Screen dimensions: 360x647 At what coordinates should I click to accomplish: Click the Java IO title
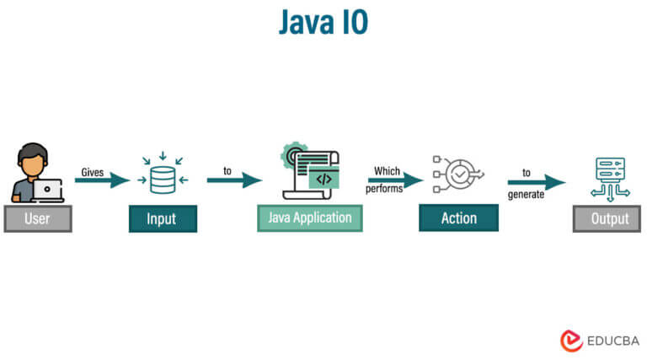pyautogui.click(x=323, y=24)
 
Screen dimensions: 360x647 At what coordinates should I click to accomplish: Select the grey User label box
pyautogui.click(x=38, y=218)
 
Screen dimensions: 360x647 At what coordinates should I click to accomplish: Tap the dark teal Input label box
pyautogui.click(x=162, y=218)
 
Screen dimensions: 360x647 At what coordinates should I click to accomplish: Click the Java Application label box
pyautogui.click(x=310, y=218)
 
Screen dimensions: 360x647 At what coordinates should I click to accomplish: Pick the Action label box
pyautogui.click(x=458, y=218)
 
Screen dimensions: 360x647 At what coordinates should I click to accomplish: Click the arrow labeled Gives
pyautogui.click(x=102, y=180)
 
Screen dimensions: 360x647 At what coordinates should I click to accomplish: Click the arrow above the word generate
pyautogui.click(x=536, y=182)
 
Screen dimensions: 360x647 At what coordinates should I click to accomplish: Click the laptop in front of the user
pyautogui.click(x=47, y=190)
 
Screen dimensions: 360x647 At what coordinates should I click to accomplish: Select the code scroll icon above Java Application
pyautogui.click(x=311, y=173)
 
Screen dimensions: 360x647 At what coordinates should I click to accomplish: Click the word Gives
pyautogui.click(x=93, y=172)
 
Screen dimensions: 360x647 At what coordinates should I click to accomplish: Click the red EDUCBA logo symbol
pyautogui.click(x=572, y=340)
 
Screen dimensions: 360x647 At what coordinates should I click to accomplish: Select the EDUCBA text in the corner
pyautogui.click(x=613, y=341)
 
